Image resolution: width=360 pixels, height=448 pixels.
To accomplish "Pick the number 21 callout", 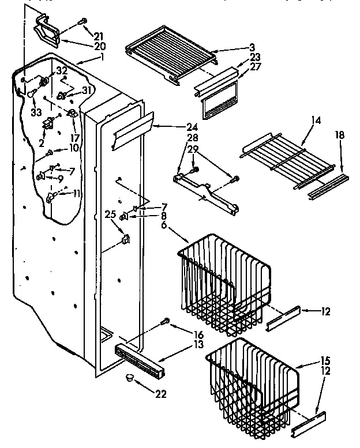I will pyautogui.click(x=99, y=36).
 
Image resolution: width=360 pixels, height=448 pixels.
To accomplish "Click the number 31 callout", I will pyautogui.click(x=88, y=91).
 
